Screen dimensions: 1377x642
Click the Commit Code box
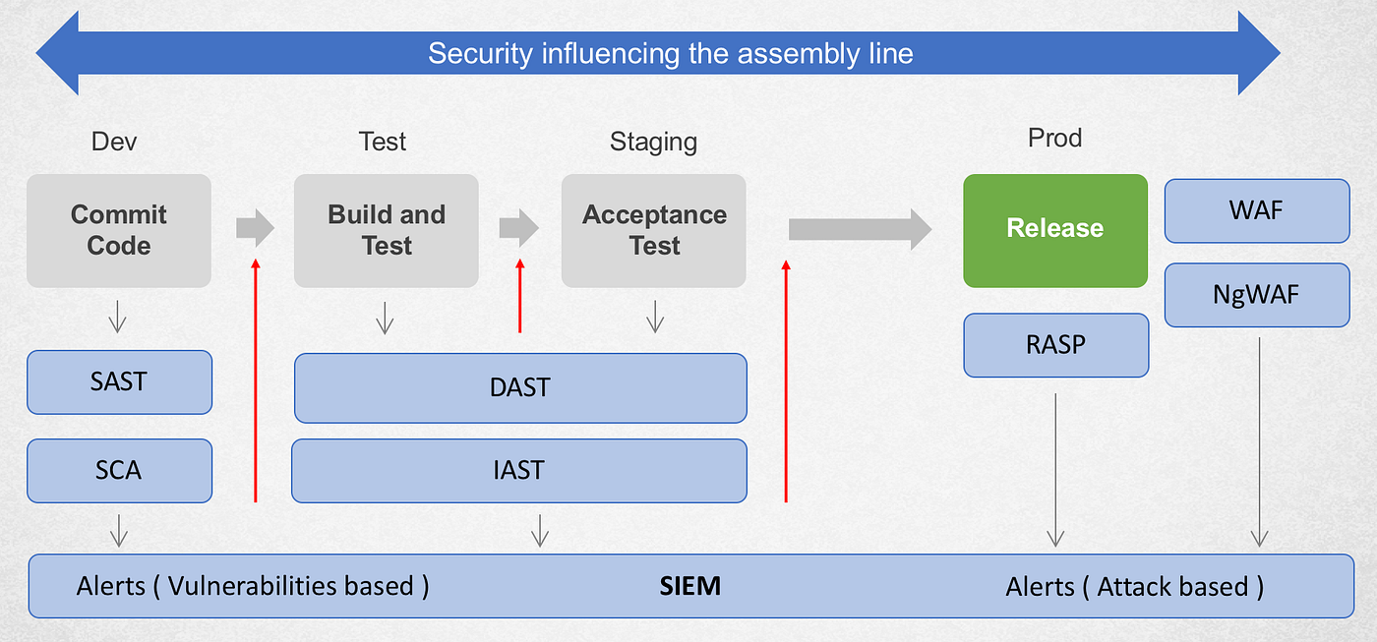pyautogui.click(x=119, y=230)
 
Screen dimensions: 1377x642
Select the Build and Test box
pyautogui.click(x=386, y=230)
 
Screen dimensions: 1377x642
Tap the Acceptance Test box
pyautogui.click(x=653, y=230)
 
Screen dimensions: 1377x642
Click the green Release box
pyautogui.click(x=1055, y=230)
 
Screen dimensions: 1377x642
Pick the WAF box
pyautogui.click(x=1257, y=210)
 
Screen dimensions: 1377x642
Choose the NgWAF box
pyautogui.click(x=1257, y=295)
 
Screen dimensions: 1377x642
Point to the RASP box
pyautogui.click(x=1056, y=345)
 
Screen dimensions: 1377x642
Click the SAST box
pyautogui.click(x=119, y=382)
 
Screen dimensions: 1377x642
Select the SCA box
pyautogui.click(x=119, y=471)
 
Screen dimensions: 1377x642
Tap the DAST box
pyautogui.click(x=520, y=388)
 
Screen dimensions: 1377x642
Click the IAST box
pyautogui.click(x=519, y=471)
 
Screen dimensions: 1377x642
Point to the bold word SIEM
pyautogui.click(x=689, y=586)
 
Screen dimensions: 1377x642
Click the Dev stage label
pyautogui.click(x=114, y=142)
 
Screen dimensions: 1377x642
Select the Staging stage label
pyautogui.click(x=653, y=143)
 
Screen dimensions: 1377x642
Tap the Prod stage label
pyautogui.click(x=1054, y=138)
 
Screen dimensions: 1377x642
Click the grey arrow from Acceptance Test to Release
pyautogui.click(x=860, y=229)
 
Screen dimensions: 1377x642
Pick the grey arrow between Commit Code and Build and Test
pyautogui.click(x=255, y=228)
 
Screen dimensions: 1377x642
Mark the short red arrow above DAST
pyautogui.click(x=520, y=296)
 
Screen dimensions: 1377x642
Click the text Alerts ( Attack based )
pyautogui.click(x=1135, y=587)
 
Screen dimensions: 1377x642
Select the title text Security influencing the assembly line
pyautogui.click(x=671, y=53)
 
